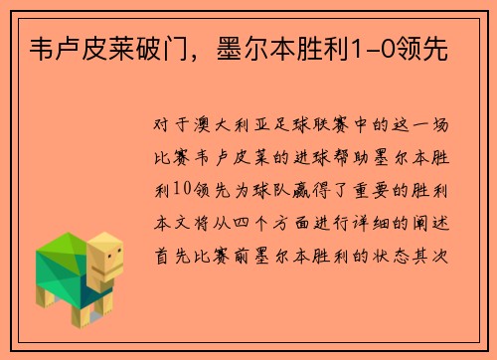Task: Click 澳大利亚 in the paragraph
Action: point(239,128)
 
